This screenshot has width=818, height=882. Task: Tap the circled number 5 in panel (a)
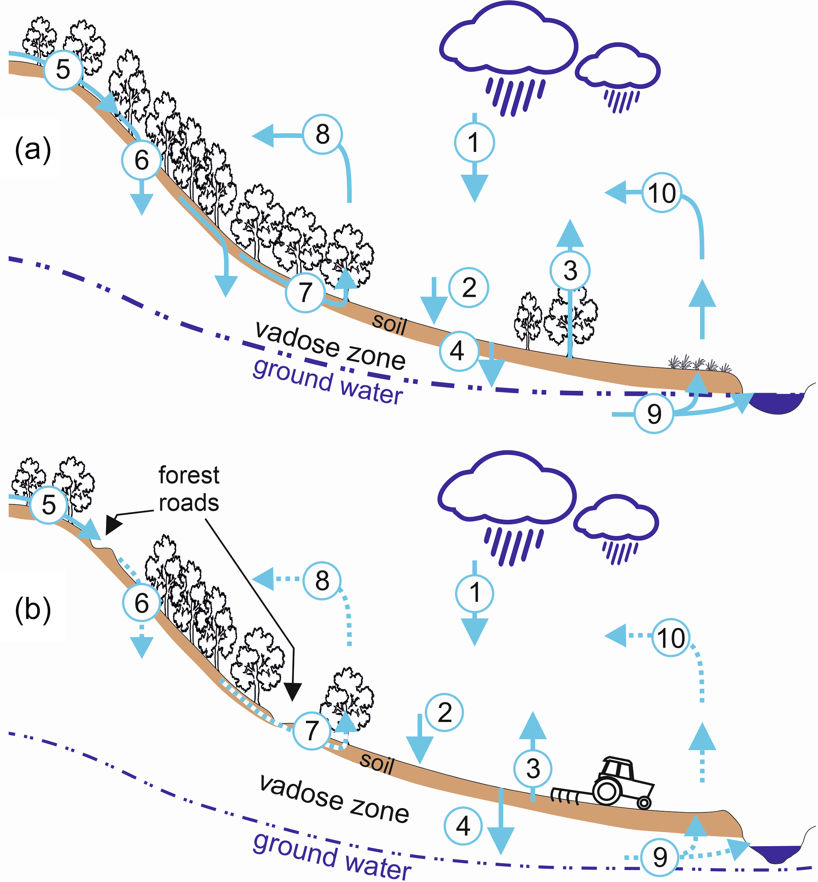(x=63, y=70)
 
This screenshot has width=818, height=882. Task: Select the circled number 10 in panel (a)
(x=662, y=193)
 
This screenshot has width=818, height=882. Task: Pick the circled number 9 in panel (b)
(x=660, y=857)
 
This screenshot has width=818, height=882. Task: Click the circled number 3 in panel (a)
(x=570, y=270)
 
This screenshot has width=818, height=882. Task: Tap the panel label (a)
(x=33, y=150)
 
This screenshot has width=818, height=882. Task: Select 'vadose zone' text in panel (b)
(x=334, y=799)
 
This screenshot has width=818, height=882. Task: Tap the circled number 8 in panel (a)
(x=323, y=134)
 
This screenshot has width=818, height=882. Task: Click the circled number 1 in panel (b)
(x=474, y=593)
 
